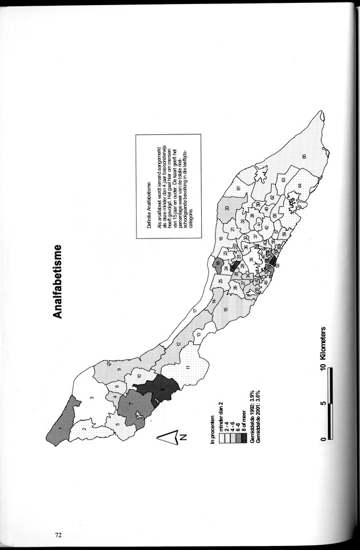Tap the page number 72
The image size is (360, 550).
pos(58,535)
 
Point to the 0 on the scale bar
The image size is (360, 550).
pos(324,439)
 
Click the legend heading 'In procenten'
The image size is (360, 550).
pos(213,430)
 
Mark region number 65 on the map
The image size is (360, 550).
pos(304,157)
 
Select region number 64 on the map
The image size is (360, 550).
pos(299,186)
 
